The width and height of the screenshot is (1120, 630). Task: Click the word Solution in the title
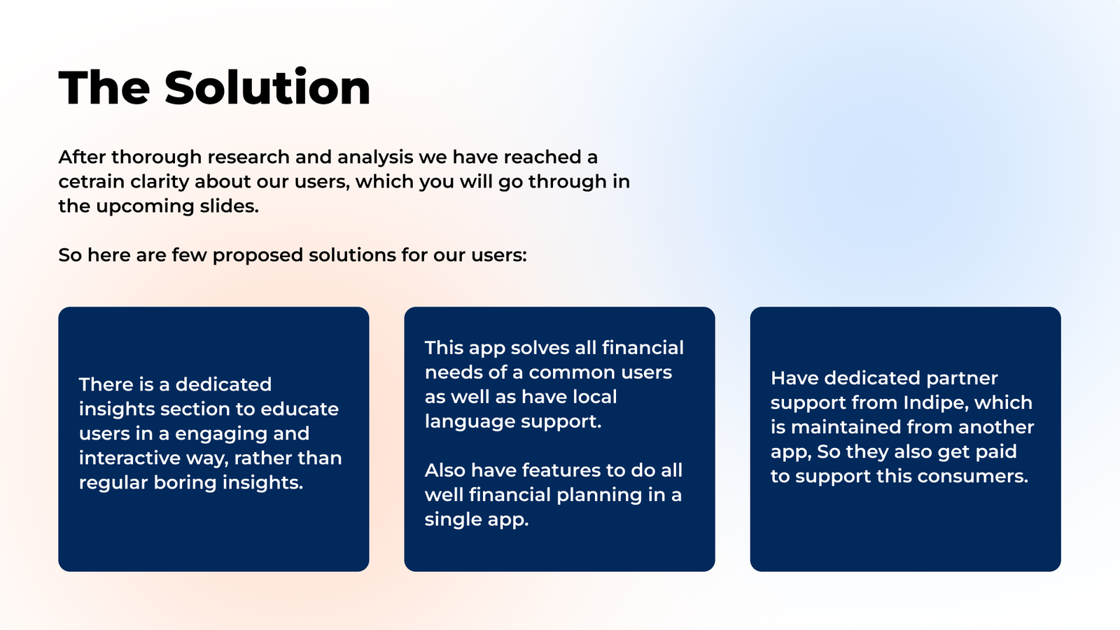point(267,87)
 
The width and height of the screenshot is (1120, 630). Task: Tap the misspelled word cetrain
point(92,181)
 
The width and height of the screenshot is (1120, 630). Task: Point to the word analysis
point(375,157)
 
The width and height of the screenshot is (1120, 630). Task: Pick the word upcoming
point(145,206)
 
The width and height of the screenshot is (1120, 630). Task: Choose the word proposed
point(258,255)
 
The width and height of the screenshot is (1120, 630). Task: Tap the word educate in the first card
point(300,409)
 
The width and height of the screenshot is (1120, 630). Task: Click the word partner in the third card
point(962,379)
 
